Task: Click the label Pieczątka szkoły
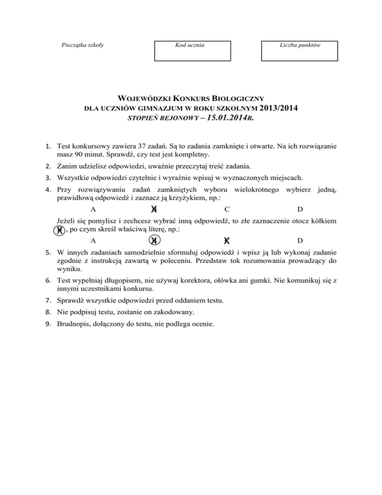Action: [83, 45]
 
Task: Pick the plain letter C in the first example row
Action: [227, 210]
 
